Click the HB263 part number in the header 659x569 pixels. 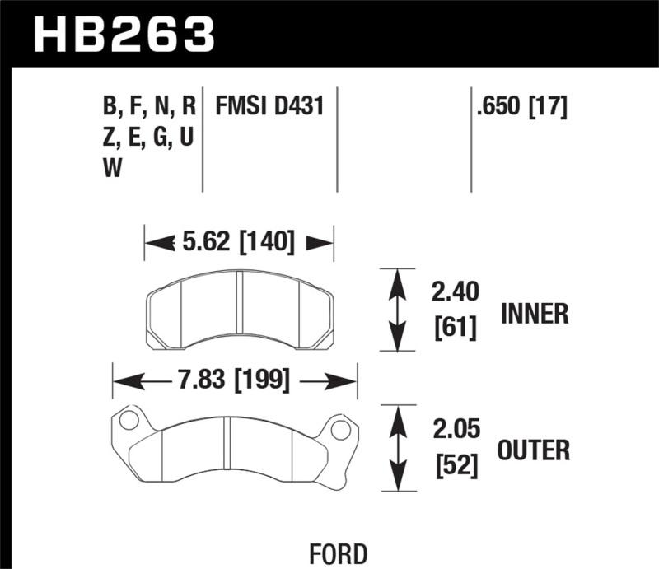click(124, 35)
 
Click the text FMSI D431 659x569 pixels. click(269, 107)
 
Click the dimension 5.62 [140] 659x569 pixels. click(239, 242)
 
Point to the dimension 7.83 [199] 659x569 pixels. click(236, 380)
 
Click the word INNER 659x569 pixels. click(535, 313)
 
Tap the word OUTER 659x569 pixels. click(534, 450)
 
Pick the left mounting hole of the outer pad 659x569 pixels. click(127, 422)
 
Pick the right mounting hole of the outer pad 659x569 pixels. click(339, 429)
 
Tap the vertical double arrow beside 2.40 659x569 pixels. click(397, 310)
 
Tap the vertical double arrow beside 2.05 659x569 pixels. click(399, 447)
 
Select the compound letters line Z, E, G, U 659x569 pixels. click(148, 138)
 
